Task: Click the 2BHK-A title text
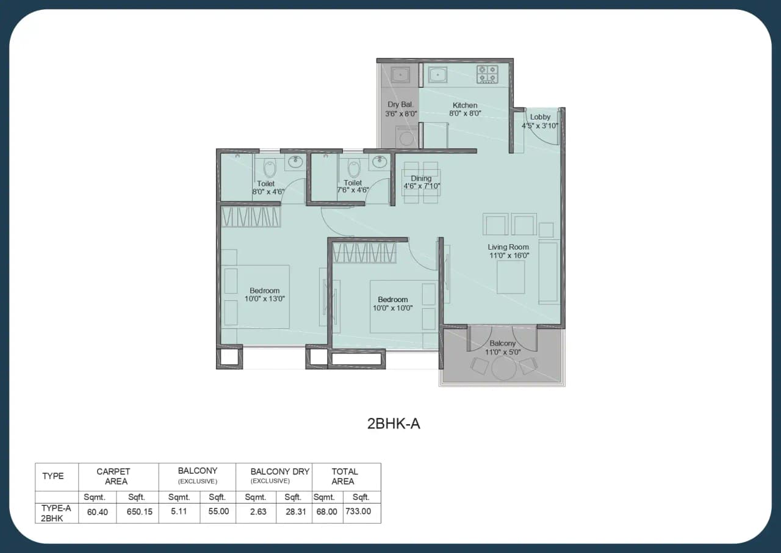pos(394,424)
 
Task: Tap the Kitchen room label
pos(465,106)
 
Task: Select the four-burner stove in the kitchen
pos(487,74)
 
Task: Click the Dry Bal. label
pos(400,105)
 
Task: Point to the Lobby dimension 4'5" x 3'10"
pos(540,126)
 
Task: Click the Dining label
pos(421,179)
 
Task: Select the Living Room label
pos(508,247)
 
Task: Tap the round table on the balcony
pos(504,367)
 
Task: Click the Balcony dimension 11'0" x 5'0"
pos(502,352)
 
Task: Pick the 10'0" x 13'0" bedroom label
pos(264,291)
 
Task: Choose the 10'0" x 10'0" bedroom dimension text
pos(392,308)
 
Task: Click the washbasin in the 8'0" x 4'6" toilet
pos(295,162)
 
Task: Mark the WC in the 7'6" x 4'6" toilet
pos(354,167)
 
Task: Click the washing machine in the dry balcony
pos(406,136)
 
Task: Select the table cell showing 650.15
pos(139,511)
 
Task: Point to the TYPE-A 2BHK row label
pos(56,513)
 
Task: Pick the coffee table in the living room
pos(511,276)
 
